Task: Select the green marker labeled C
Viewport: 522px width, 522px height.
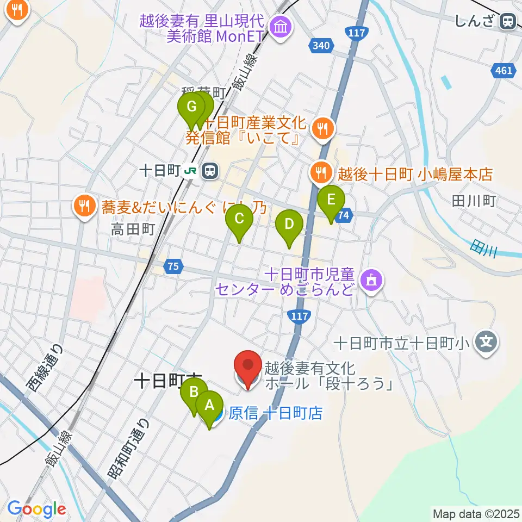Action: pyautogui.click(x=239, y=221)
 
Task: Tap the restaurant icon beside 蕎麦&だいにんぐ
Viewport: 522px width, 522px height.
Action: pyautogui.click(x=83, y=206)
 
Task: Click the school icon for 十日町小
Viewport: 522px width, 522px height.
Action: pyautogui.click(x=487, y=342)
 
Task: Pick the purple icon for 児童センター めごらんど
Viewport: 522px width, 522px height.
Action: pyautogui.click(x=372, y=281)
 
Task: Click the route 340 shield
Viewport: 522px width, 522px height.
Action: pyautogui.click(x=320, y=46)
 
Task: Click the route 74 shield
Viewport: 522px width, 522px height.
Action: pyautogui.click(x=343, y=215)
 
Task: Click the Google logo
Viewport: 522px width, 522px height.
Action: pyautogui.click(x=36, y=509)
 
